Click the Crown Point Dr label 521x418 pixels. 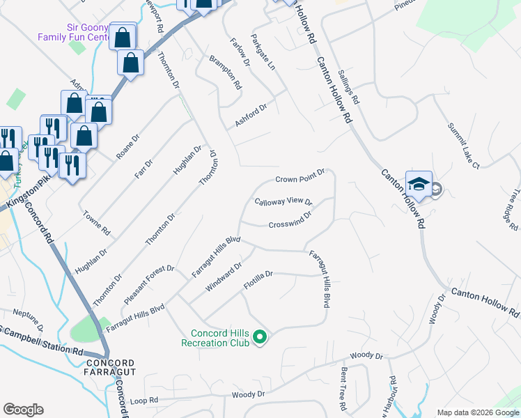[x=300, y=176]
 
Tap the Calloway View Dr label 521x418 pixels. [x=283, y=202]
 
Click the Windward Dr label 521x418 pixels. [x=224, y=277]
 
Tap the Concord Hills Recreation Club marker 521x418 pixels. [x=260, y=338]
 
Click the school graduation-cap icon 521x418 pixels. [x=419, y=184]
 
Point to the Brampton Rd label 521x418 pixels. [x=226, y=72]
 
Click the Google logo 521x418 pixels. [x=23, y=410]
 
